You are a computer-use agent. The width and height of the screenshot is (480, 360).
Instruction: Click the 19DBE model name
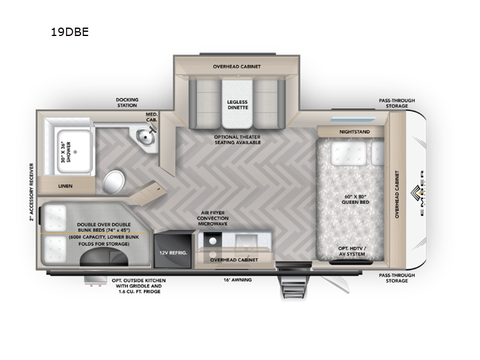point(70,32)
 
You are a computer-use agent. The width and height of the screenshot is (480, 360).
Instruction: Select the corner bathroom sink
point(145,134)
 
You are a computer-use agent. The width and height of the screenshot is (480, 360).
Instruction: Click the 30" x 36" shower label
point(65,152)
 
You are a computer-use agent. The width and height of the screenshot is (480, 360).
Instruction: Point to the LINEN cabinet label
point(65,186)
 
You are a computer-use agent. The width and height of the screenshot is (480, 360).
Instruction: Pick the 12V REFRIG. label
point(173,253)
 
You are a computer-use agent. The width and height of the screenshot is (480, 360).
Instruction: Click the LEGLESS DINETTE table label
point(237,104)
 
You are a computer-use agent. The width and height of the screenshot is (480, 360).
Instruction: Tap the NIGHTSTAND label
point(355,132)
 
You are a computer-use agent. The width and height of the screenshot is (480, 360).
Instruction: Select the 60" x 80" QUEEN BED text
point(355,199)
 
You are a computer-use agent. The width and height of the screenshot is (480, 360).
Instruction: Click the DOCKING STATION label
point(127,102)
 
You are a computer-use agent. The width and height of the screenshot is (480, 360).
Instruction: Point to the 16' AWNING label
point(238,280)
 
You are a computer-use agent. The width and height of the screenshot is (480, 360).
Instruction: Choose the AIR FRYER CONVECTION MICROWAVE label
point(213,218)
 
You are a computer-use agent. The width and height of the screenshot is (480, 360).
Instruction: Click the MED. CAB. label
point(152,117)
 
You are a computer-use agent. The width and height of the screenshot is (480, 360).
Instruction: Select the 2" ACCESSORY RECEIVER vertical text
point(32,192)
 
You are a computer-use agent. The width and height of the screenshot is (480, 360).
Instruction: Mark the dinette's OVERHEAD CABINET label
point(236,67)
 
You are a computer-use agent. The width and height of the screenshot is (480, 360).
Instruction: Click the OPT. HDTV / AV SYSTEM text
point(352,251)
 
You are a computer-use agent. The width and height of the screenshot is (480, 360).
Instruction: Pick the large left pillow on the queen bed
point(349,153)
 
